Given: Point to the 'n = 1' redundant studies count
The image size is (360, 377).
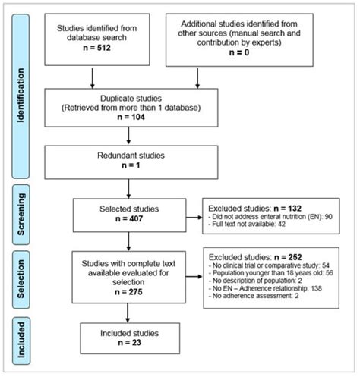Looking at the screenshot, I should pyautogui.click(x=131, y=168).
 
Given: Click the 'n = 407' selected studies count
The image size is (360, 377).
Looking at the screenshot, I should pyautogui.click(x=131, y=218).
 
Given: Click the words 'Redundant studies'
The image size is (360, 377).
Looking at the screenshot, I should pyautogui.click(x=131, y=156).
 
